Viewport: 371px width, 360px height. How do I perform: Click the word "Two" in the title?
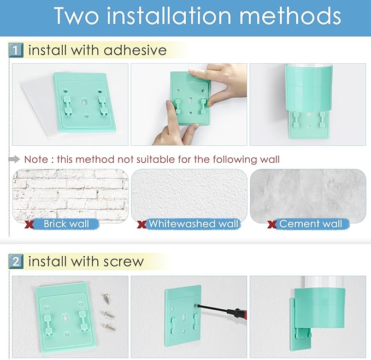(76, 16)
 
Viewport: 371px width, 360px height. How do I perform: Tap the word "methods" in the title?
(290, 16)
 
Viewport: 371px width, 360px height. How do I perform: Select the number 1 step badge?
(16, 50)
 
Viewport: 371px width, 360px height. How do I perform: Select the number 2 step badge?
(16, 261)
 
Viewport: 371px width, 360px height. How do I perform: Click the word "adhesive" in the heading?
(135, 50)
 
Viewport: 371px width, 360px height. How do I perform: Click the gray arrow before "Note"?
(14, 159)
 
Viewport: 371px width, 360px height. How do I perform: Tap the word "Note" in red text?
(36, 159)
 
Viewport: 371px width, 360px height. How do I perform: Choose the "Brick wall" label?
(66, 224)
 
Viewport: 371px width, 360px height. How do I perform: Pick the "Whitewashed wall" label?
(193, 224)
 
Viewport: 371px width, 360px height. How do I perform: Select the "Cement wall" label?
(310, 224)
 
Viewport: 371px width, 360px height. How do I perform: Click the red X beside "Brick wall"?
(29, 224)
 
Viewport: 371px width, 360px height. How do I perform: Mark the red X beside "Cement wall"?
(272, 224)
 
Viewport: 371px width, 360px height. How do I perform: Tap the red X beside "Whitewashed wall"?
(142, 224)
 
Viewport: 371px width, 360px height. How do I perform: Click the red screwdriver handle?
(238, 314)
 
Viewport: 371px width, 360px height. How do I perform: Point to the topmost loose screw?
(106, 298)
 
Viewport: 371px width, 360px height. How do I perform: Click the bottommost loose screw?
(110, 327)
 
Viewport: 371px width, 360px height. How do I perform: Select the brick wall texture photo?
(70, 196)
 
